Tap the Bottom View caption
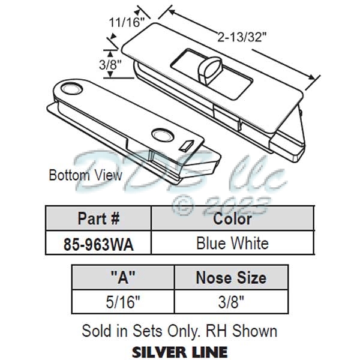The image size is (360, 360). (x=85, y=175)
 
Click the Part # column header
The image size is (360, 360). (x=99, y=218)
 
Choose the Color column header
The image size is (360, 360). (x=232, y=218)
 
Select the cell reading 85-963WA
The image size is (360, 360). (x=99, y=243)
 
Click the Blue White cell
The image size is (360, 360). (x=232, y=243)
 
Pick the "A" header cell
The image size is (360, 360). (x=122, y=278)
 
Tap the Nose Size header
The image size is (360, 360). (x=230, y=278)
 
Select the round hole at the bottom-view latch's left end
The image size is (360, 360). (x=71, y=88)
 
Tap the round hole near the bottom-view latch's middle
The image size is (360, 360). (x=160, y=134)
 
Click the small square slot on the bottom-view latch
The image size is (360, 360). (x=188, y=145)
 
